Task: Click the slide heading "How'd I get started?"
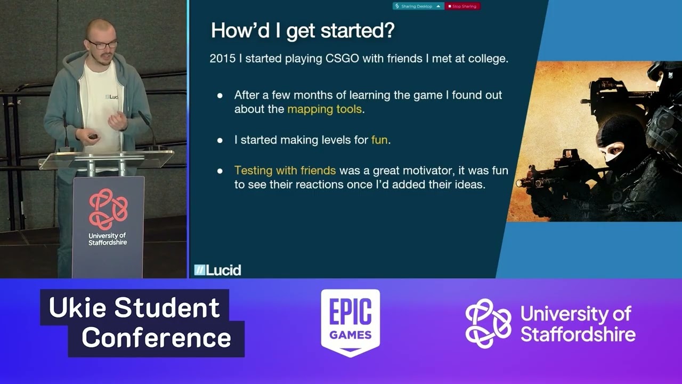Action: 303,31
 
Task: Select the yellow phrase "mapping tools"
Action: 324,109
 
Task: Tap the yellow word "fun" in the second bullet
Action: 379,140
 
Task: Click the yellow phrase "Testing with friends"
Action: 285,171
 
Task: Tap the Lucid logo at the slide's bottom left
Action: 217,270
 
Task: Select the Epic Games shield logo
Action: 350,323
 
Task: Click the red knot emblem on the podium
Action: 108,209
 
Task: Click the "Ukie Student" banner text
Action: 134,308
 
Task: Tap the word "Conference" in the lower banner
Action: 156,338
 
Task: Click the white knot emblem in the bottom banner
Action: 488,323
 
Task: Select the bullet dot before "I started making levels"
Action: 220,141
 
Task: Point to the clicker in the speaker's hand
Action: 93,137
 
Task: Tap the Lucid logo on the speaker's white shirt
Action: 111,97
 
